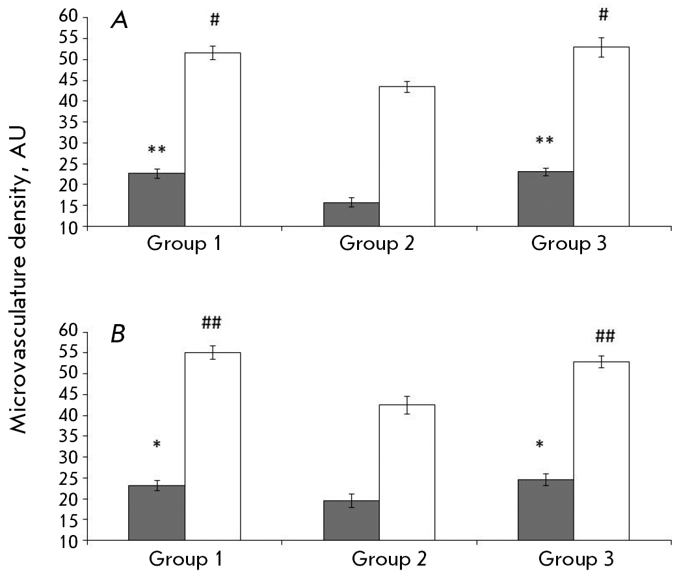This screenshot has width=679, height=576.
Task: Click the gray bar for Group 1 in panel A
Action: pos(157,200)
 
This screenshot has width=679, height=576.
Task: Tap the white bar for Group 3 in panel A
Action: pos(601,137)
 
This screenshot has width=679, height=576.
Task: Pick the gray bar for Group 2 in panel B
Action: pos(351,521)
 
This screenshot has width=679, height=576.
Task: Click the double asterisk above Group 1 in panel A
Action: pos(157,150)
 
